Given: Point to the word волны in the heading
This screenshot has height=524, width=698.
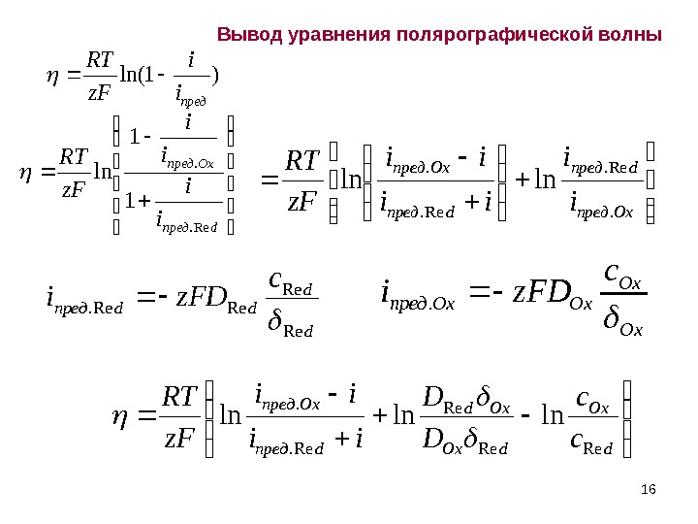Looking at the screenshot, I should click(x=633, y=36).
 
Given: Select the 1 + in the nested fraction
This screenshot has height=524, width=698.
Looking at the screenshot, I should click(x=135, y=203).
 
